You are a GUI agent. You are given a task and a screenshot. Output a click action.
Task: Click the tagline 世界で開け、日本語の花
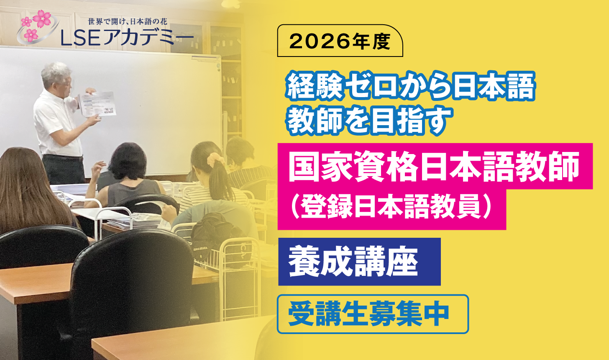pos(128,21)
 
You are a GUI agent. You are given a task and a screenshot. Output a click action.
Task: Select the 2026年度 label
pos(340,41)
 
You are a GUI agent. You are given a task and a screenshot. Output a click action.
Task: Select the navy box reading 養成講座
pos(359,262)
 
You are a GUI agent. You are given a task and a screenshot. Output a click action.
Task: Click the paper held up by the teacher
pos(97,104)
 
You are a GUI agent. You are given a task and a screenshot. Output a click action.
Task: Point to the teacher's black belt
pos(63,157)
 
